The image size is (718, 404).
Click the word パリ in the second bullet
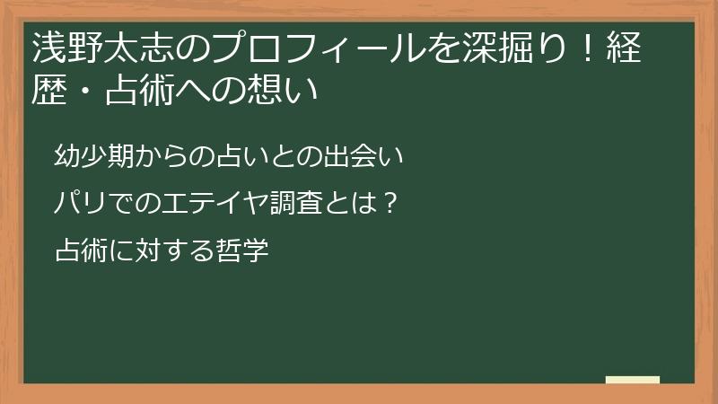77,204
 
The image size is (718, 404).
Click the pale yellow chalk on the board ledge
632,380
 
